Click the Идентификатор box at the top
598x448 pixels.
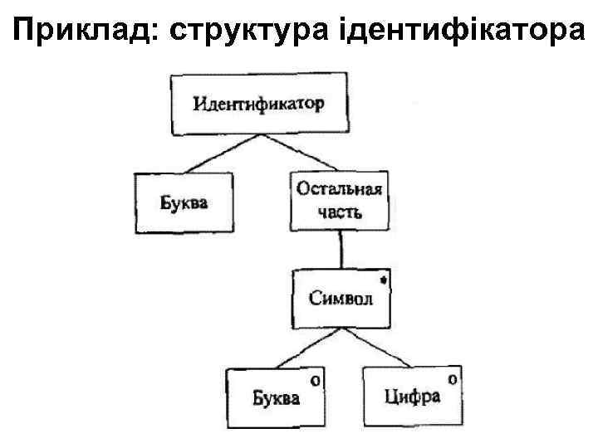[258, 105]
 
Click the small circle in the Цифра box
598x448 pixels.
[452, 379]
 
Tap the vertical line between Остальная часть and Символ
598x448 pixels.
[341, 251]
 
